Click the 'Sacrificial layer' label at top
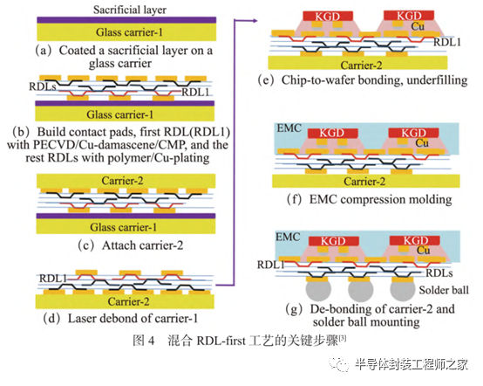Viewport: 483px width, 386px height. pos(130,10)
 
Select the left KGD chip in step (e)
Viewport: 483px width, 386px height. pos(328,16)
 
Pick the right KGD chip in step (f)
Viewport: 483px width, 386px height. pos(413,133)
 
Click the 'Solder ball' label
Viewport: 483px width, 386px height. pos(444,290)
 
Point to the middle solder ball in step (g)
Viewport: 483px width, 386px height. pos(360,290)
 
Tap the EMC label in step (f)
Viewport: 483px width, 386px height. pos(289,128)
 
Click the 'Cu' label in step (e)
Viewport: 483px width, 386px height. pos(418,26)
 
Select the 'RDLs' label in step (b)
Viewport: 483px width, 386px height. pos(42,86)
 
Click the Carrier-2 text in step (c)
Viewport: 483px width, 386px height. pos(122,181)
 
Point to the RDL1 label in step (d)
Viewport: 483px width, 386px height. pos(52,279)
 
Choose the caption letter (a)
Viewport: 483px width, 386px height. pos(44,51)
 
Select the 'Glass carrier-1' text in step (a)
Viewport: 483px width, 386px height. pos(129,32)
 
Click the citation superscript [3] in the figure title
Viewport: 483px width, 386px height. pos(343,338)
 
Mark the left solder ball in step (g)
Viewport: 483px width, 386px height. pos(318,290)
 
